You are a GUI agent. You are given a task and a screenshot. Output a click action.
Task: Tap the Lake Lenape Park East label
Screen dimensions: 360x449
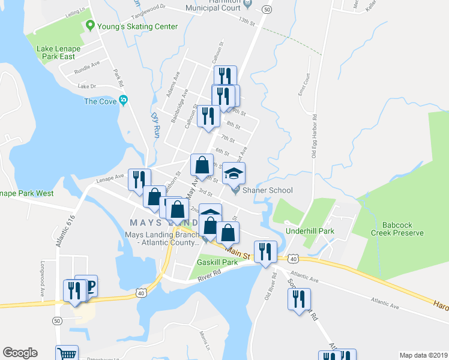[x=58, y=53]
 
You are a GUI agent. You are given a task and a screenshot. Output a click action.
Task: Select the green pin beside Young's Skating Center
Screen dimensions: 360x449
[x=91, y=26]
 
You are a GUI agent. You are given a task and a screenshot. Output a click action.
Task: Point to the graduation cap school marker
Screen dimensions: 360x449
[x=234, y=175]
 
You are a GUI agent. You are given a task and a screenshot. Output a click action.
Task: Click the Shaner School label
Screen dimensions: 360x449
[x=268, y=191]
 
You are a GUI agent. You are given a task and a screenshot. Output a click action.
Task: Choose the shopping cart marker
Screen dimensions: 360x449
[x=67, y=353]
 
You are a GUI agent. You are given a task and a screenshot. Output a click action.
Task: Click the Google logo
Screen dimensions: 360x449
[x=20, y=353]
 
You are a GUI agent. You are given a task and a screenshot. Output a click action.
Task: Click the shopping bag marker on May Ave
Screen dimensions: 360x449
[x=202, y=164]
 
